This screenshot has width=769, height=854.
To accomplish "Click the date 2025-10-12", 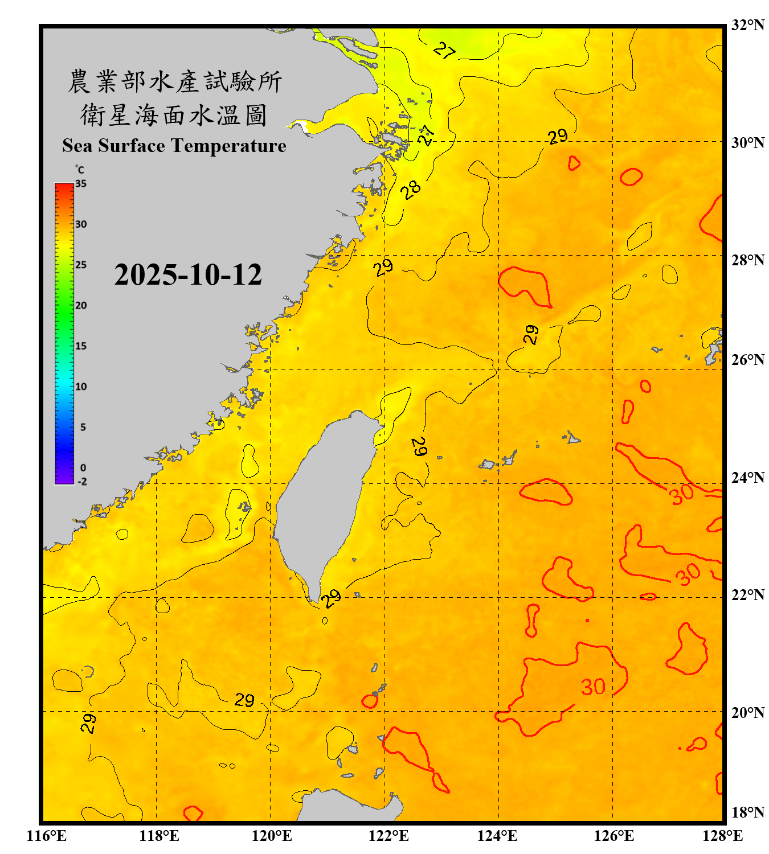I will pos(188,274).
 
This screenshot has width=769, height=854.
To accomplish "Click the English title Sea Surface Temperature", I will pos(174,146).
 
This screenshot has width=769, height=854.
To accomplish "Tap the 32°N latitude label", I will pos(748,25).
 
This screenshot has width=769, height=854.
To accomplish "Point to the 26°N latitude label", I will pos(748,360).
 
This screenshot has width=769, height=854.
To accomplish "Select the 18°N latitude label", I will pos(748,812).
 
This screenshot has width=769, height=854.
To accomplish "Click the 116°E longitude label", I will pos(46,836).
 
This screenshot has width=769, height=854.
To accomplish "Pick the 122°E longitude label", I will pos(388,836).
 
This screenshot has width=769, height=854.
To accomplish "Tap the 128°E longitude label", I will pos(722,836).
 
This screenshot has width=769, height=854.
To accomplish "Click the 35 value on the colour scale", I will pos(81,184).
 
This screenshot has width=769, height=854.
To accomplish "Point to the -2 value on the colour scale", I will pos(82,482).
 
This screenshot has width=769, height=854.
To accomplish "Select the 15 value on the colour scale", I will pos(81,346).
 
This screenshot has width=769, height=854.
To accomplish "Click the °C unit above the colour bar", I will pos(79,170).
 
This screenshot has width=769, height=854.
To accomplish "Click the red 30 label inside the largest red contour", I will pos(593,687).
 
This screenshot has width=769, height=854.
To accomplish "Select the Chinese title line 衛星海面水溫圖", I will pos(174,116).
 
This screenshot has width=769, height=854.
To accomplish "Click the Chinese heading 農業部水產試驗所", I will pos(174,81).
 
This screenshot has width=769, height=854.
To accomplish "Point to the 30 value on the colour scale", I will pos(81,224).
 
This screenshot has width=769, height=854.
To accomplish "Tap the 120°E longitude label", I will pos(272,836).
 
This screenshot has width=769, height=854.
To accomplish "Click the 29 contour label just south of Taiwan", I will pos(331,598).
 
